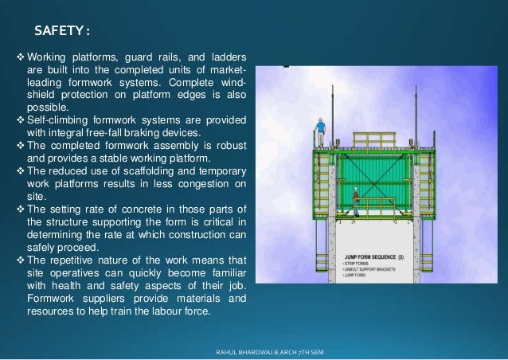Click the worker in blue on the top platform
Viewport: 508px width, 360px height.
pyautogui.click(x=320, y=128)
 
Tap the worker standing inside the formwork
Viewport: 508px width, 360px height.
pyautogui.click(x=354, y=197)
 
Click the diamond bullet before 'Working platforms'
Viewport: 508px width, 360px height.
pyautogui.click(x=21, y=57)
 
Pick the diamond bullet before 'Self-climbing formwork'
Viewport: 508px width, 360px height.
pyautogui.click(x=21, y=120)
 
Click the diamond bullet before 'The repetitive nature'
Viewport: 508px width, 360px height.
pyautogui.click(x=21, y=260)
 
